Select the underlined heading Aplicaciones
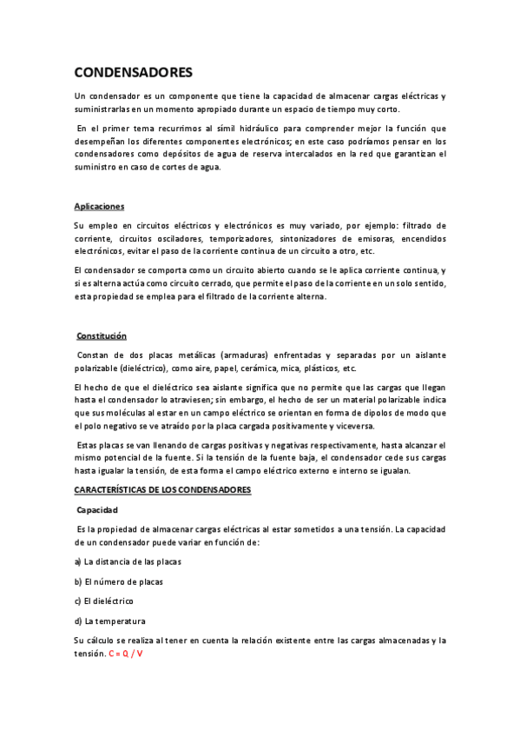(x=99, y=206)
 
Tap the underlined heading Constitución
(x=102, y=335)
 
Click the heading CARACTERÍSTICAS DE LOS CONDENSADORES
(x=162, y=490)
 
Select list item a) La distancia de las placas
(x=127, y=561)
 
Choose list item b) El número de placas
(x=118, y=581)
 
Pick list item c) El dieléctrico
(x=104, y=601)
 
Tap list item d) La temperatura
(x=109, y=621)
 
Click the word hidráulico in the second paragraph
(x=251, y=128)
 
